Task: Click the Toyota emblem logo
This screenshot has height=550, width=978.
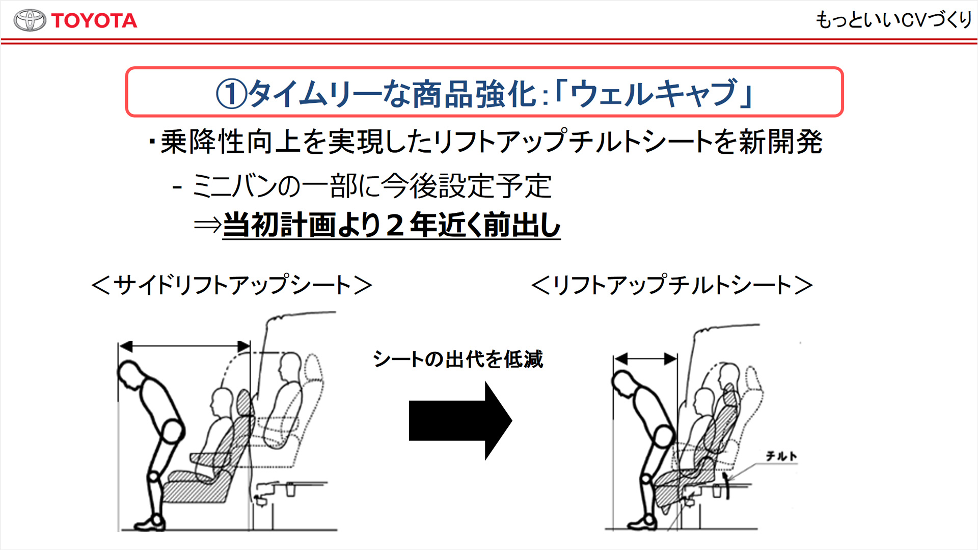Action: tap(30, 20)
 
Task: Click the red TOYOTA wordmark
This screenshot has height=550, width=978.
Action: tap(94, 21)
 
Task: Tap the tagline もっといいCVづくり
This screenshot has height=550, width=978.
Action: tap(894, 20)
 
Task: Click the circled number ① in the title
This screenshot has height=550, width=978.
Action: tap(231, 94)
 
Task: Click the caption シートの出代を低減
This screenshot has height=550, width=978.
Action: tap(458, 359)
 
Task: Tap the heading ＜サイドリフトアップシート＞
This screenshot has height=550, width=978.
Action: tap(232, 285)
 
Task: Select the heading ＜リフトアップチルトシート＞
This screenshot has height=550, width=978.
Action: tap(672, 285)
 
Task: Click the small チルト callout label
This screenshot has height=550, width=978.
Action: tap(781, 456)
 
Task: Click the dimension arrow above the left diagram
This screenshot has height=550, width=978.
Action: tap(184, 347)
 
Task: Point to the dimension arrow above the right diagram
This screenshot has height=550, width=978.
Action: tap(645, 359)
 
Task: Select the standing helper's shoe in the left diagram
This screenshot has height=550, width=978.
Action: tap(150, 523)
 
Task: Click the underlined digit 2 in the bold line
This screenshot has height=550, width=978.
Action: tap(395, 225)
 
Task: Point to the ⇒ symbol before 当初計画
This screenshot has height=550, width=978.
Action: tap(207, 225)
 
